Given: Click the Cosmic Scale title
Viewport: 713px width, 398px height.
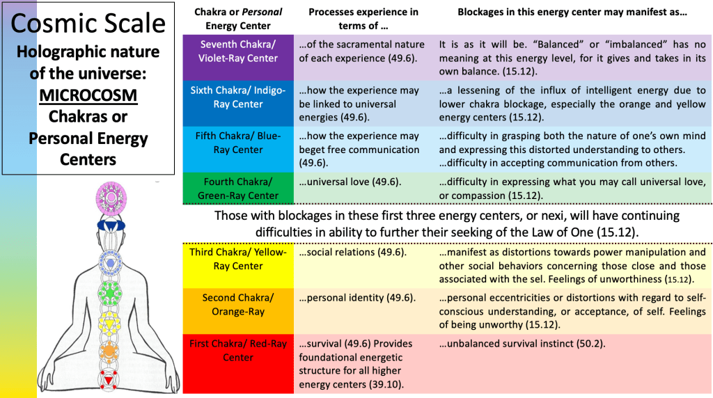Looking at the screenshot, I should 88,24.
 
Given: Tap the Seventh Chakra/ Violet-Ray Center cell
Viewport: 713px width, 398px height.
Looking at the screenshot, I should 237,51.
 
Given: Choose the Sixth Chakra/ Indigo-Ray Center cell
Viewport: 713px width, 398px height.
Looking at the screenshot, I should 237,97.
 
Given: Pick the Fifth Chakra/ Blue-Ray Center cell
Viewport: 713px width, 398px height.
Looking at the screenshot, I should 237,143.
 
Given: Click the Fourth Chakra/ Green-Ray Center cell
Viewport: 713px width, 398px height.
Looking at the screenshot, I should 237,189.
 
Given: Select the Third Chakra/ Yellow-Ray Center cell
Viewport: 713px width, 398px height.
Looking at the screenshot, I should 237,259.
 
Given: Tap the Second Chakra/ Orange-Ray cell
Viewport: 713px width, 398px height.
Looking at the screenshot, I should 237,305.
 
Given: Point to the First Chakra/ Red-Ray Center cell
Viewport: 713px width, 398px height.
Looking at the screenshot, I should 237,350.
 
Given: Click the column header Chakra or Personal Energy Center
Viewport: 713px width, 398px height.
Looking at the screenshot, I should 237,19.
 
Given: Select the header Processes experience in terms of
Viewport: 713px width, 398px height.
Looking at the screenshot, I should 363,19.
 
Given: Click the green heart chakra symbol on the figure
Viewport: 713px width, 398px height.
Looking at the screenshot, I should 109,287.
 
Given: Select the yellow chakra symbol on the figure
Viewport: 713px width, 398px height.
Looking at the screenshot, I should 109,321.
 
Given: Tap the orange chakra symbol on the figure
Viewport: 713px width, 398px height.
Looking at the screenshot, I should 109,350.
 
